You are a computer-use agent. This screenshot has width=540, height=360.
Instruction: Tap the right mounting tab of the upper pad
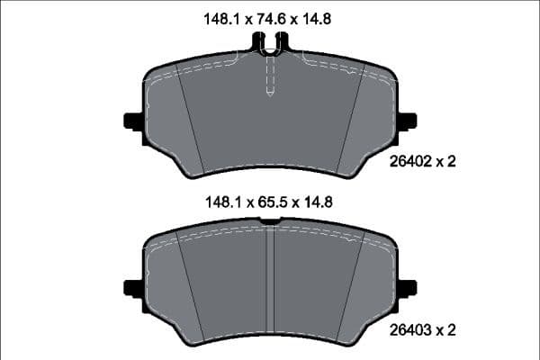click(407, 121)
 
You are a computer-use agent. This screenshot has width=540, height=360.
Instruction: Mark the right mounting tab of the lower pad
click(407, 289)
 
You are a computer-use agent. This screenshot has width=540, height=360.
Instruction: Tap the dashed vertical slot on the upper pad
click(270, 76)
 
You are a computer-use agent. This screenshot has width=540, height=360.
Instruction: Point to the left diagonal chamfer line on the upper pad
click(192, 121)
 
